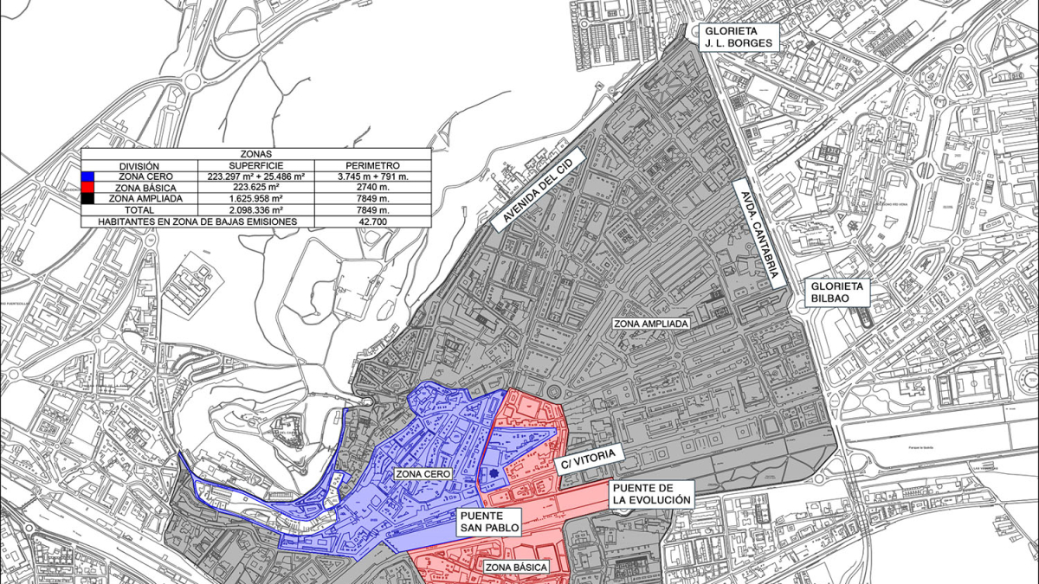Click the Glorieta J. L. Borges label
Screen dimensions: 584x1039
(x=741, y=35)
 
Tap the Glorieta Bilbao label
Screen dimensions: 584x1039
(x=836, y=292)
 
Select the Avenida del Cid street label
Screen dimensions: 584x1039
(x=538, y=186)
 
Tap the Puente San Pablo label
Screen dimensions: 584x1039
(x=489, y=519)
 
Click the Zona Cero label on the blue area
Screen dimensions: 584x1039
(x=421, y=474)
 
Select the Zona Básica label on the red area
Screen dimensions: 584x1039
(x=516, y=568)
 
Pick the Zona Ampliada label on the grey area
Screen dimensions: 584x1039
(x=651, y=324)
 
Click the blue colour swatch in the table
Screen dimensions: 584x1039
(x=87, y=176)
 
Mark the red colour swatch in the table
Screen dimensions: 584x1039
(x=87, y=187)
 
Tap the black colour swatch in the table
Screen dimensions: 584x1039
(x=87, y=198)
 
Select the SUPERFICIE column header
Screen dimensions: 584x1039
(x=255, y=165)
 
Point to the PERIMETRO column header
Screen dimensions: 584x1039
(x=372, y=165)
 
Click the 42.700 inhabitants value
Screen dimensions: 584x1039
(x=372, y=221)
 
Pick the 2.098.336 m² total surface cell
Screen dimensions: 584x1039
(x=255, y=209)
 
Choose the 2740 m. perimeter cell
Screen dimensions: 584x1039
(x=372, y=187)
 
